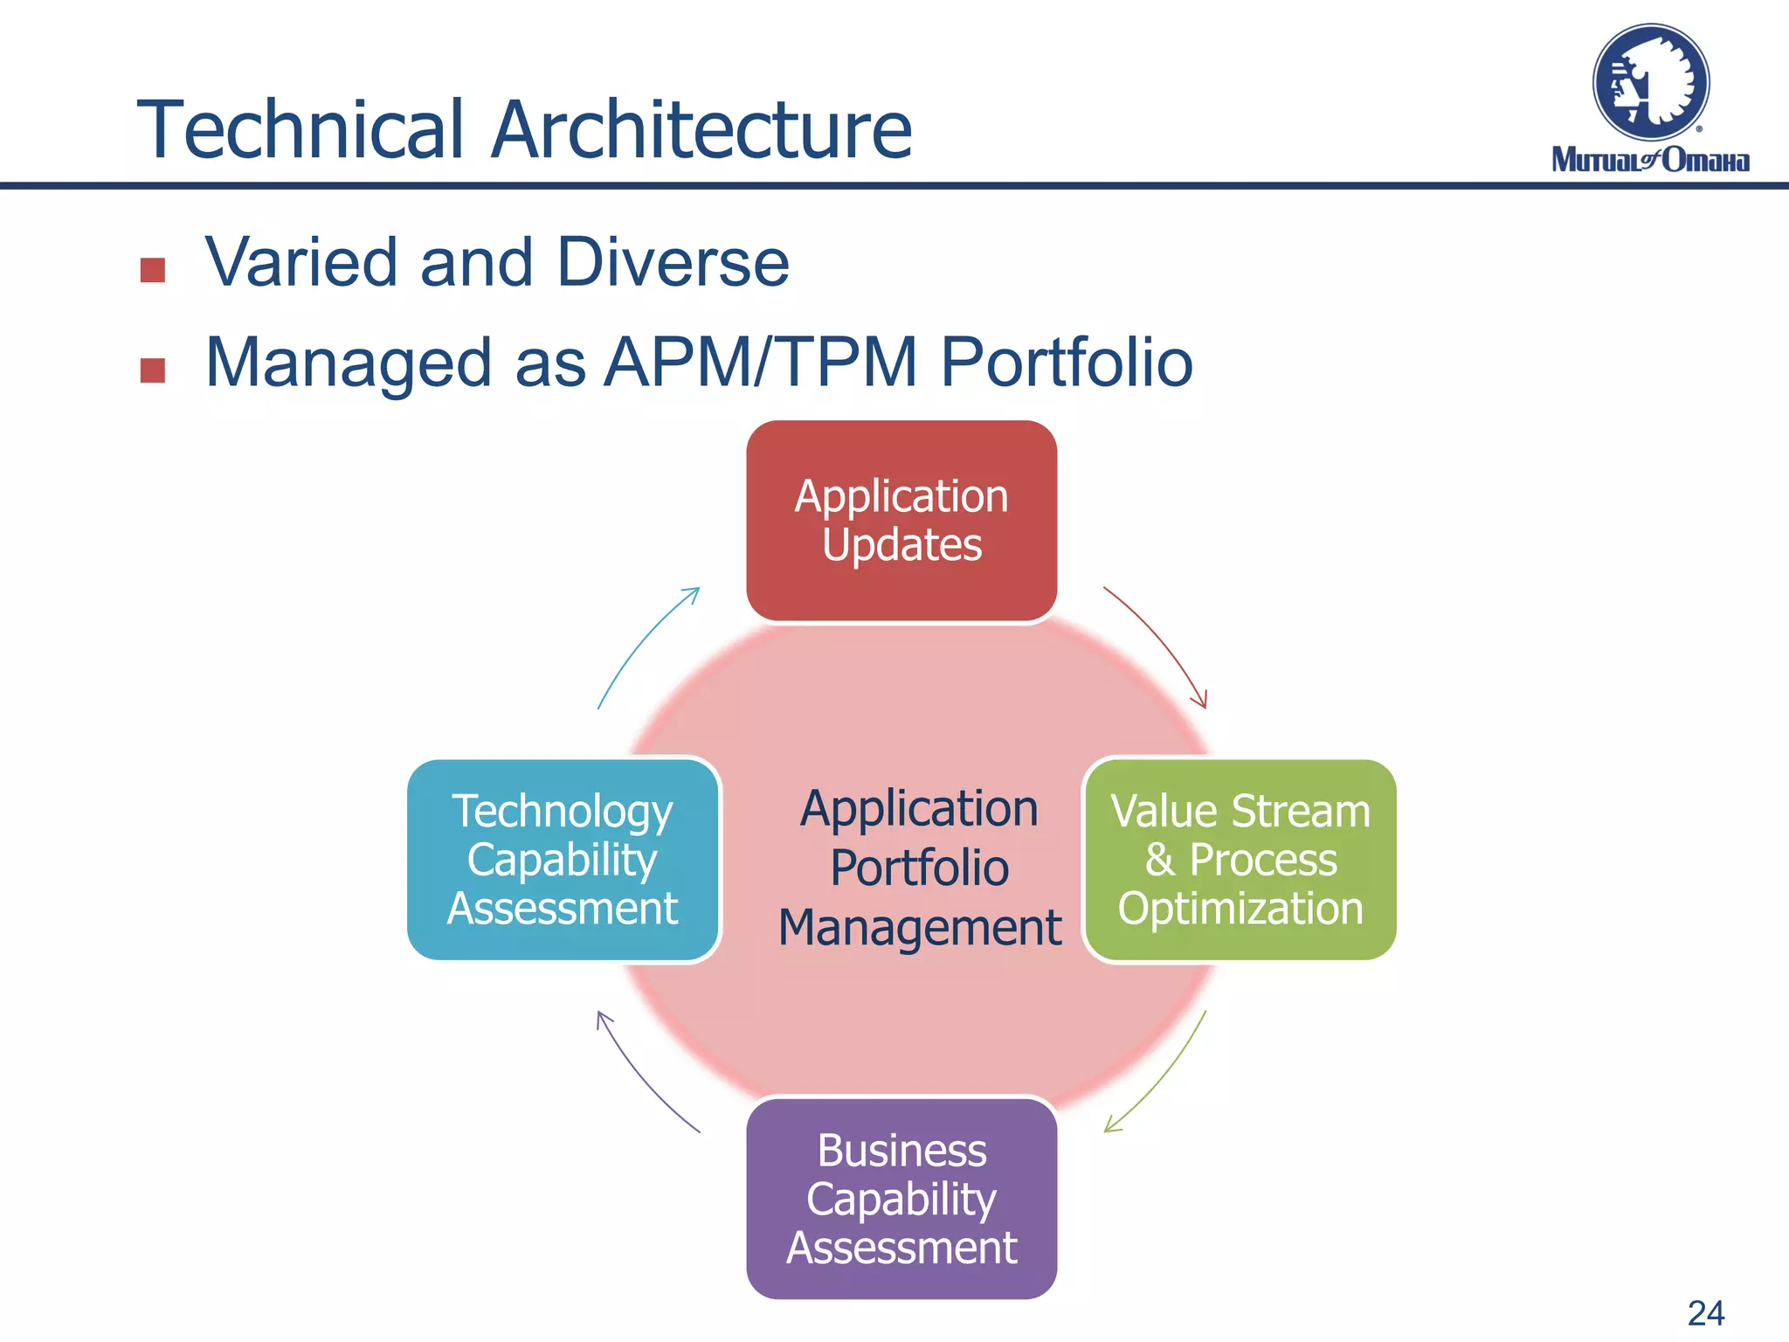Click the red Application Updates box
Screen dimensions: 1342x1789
(x=901, y=521)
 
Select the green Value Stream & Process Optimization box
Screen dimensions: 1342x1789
(x=1240, y=860)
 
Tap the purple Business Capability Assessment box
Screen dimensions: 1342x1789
(x=901, y=1199)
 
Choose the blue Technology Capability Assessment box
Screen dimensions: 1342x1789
(x=563, y=860)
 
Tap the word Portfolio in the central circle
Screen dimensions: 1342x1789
(x=919, y=868)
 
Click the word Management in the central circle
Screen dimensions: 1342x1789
(x=919, y=927)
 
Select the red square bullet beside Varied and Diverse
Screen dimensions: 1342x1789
(x=153, y=270)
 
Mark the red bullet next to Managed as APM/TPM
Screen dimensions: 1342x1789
(x=153, y=370)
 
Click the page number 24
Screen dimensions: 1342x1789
(x=1705, y=1313)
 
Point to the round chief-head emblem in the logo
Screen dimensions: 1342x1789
(x=1650, y=83)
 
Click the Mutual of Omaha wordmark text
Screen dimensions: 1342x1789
(x=1650, y=161)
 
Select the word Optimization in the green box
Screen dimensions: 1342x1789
(x=1240, y=909)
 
